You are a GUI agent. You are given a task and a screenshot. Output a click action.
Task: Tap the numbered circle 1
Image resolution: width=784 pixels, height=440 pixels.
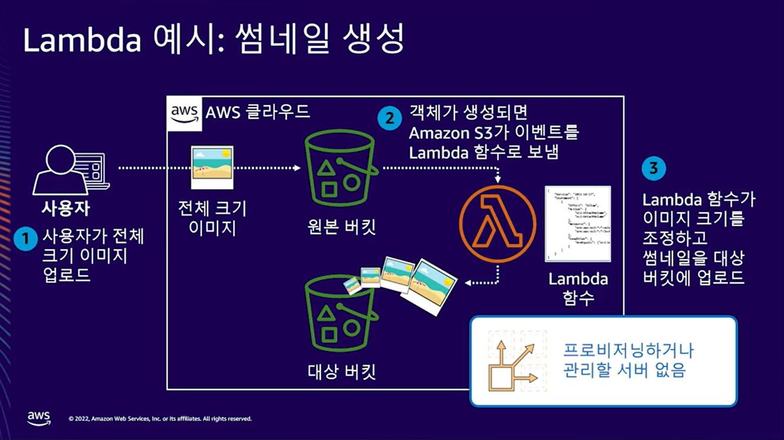25,239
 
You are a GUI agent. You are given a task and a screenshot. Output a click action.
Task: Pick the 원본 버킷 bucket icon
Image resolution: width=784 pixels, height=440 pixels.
340,168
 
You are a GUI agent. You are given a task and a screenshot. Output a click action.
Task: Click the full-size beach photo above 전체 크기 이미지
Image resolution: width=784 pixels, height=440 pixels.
212,167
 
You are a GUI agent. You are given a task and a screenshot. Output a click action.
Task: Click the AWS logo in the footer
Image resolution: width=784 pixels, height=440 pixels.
39,418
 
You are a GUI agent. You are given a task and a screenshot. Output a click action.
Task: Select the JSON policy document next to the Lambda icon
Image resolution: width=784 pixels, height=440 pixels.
578,224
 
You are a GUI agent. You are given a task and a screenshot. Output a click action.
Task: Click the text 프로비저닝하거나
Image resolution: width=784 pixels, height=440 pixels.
628,351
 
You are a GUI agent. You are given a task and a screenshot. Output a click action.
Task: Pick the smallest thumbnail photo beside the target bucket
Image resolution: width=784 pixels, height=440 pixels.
352,285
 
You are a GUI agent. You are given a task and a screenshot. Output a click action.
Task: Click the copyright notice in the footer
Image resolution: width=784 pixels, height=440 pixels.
160,419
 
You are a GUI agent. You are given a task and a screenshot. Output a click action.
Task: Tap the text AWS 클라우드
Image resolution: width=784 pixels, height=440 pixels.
257,112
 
